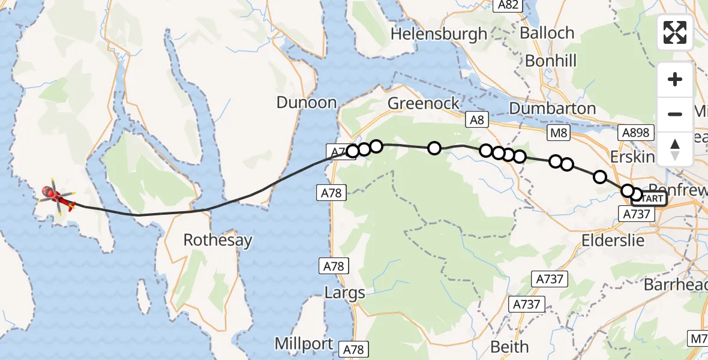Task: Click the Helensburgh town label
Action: tap(439, 34)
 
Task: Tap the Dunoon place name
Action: tap(306, 103)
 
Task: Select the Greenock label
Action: tap(424, 103)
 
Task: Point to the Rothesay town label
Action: tap(218, 241)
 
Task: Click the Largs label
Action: tap(344, 293)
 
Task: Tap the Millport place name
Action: tap(304, 344)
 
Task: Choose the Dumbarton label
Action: tap(553, 109)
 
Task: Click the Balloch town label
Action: tap(547, 33)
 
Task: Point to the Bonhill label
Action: tap(551, 61)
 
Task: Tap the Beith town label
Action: tap(509, 346)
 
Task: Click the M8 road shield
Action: tap(559, 133)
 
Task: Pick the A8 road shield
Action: tap(476, 121)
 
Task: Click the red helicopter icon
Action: tap(53, 196)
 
